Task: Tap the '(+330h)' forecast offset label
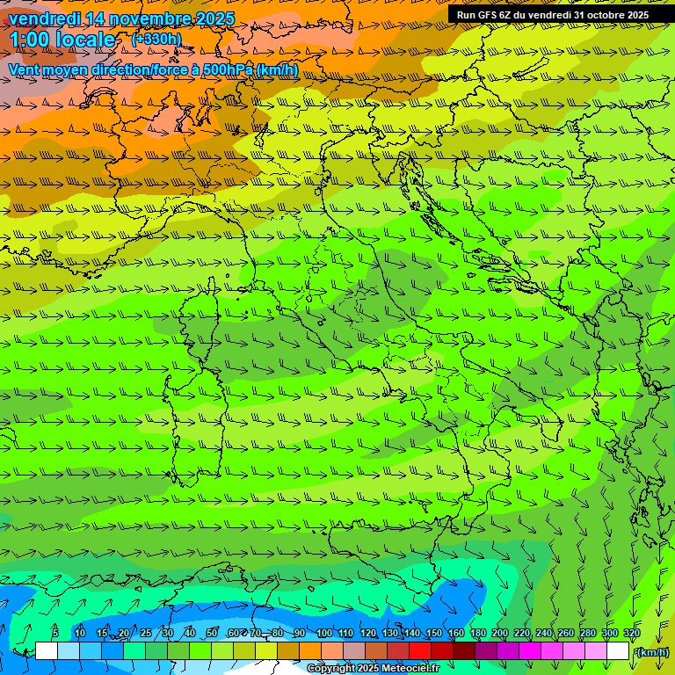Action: (156, 39)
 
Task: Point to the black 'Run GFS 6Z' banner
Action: (552, 15)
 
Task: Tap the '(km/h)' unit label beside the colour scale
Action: (651, 651)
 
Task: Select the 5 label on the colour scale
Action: (54, 633)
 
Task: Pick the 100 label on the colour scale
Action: (324, 633)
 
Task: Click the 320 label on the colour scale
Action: (632, 633)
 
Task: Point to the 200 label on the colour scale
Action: (500, 633)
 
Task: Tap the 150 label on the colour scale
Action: (434, 633)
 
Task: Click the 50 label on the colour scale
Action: (212, 633)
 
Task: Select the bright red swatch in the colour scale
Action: (420, 651)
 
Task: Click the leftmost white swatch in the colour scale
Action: (47, 651)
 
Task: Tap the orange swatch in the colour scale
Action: (310, 651)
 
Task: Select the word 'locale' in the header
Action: (84, 40)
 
